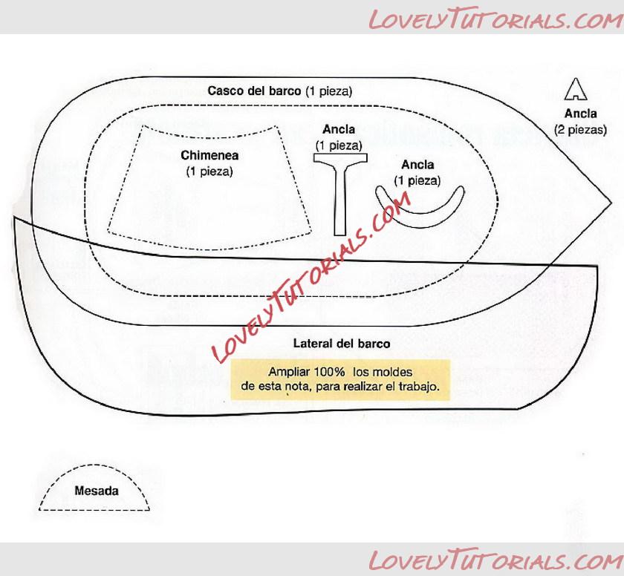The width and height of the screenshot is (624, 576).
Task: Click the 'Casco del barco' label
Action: (279, 91)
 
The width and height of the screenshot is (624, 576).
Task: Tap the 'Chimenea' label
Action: (209, 156)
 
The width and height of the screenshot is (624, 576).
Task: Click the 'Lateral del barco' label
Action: (342, 344)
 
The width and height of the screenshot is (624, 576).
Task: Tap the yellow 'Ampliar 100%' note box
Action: (341, 379)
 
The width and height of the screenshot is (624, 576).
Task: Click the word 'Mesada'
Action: (97, 491)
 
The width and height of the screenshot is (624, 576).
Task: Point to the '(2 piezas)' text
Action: (580, 129)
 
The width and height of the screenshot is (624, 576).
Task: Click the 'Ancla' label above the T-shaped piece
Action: (339, 130)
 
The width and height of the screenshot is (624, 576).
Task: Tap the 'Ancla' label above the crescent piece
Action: (417, 165)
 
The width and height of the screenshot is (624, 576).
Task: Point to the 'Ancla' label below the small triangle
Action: (580, 114)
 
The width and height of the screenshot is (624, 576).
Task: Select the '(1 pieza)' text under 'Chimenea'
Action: (209, 171)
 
